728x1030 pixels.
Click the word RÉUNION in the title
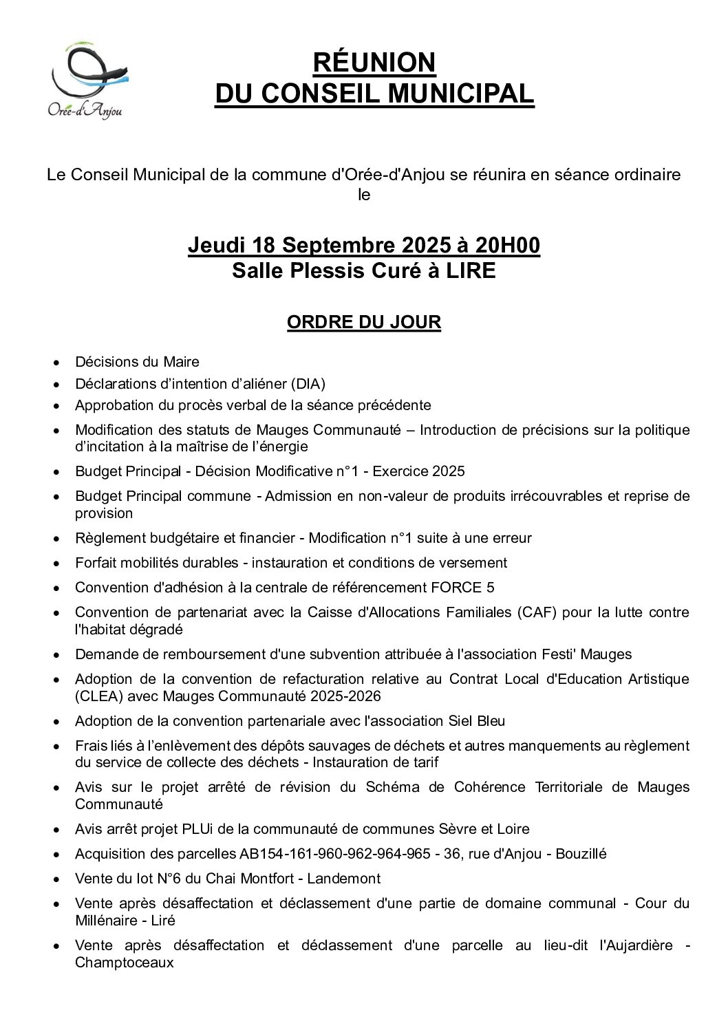tap(374, 63)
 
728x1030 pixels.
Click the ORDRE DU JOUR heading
tap(363, 322)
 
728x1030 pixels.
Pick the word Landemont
tap(344, 879)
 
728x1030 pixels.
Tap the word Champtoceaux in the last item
tap(125, 963)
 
